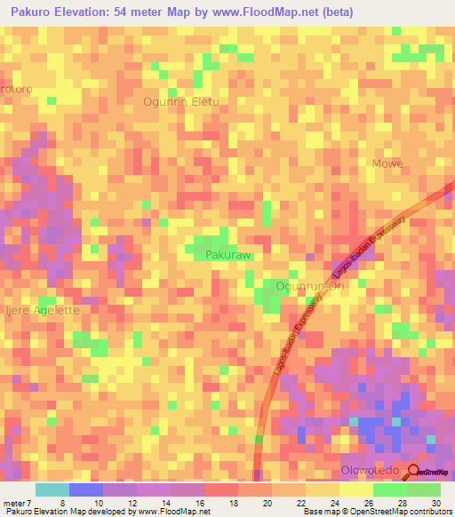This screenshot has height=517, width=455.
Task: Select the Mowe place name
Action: tap(387, 163)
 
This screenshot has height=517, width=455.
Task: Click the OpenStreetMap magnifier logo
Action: tap(412, 472)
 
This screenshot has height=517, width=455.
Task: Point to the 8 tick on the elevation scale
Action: tap(61, 503)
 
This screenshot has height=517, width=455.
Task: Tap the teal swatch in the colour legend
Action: tap(52, 489)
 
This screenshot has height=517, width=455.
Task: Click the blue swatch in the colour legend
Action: tap(86, 489)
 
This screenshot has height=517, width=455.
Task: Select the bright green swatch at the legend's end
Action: tap(424, 489)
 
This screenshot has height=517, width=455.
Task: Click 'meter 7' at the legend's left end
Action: tap(17, 503)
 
